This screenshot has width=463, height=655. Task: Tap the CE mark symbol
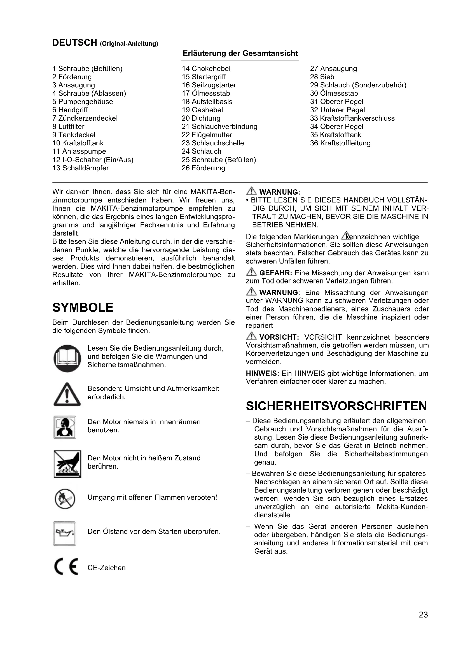click(x=66, y=567)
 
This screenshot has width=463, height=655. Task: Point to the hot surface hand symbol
click(x=67, y=464)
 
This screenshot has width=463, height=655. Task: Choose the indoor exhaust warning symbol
click(x=65, y=427)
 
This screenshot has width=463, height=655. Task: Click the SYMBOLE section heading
click(x=83, y=307)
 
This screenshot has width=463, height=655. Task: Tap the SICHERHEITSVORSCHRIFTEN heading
click(x=336, y=406)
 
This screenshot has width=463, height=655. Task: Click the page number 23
click(x=423, y=623)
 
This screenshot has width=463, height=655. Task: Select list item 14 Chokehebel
click(x=206, y=68)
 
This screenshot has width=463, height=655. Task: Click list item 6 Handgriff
click(x=70, y=110)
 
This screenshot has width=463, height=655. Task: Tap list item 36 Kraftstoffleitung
click(x=340, y=143)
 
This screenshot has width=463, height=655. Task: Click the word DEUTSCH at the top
click(x=75, y=43)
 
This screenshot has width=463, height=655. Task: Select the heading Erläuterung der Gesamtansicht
click(x=240, y=53)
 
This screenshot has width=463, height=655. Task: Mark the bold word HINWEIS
click(x=262, y=374)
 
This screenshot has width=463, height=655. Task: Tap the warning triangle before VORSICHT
click(x=251, y=337)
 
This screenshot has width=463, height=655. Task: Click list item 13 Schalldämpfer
click(x=81, y=168)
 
